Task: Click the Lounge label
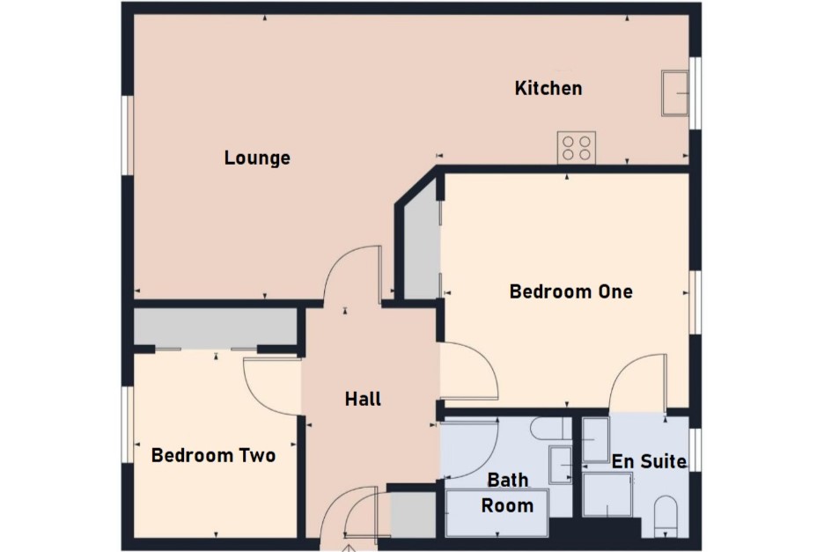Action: tap(257, 158)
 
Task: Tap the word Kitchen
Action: tap(548, 88)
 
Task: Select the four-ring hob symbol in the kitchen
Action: tap(577, 147)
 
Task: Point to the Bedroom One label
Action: tap(570, 291)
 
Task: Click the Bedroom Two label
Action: tap(213, 455)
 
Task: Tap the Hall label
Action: tap(363, 399)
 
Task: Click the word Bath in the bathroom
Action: tap(508, 480)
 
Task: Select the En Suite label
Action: tap(649, 461)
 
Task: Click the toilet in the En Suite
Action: tap(666, 517)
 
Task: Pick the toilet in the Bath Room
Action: tap(553, 429)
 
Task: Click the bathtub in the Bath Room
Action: tap(497, 512)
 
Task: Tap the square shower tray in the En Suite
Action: tap(607, 496)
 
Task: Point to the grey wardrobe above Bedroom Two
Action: tap(214, 327)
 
